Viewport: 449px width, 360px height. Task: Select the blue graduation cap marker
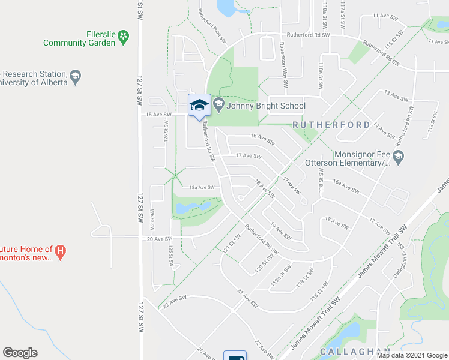click(x=199, y=106)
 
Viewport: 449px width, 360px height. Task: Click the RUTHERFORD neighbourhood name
click(x=331, y=125)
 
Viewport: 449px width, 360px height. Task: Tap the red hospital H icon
click(x=60, y=250)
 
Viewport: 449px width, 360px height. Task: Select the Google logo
click(x=20, y=353)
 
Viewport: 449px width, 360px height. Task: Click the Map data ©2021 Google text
click(x=412, y=355)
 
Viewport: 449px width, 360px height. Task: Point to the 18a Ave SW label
click(x=203, y=187)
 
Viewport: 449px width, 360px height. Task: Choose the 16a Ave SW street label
click(x=345, y=186)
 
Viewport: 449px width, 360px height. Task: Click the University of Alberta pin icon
click(x=75, y=76)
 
